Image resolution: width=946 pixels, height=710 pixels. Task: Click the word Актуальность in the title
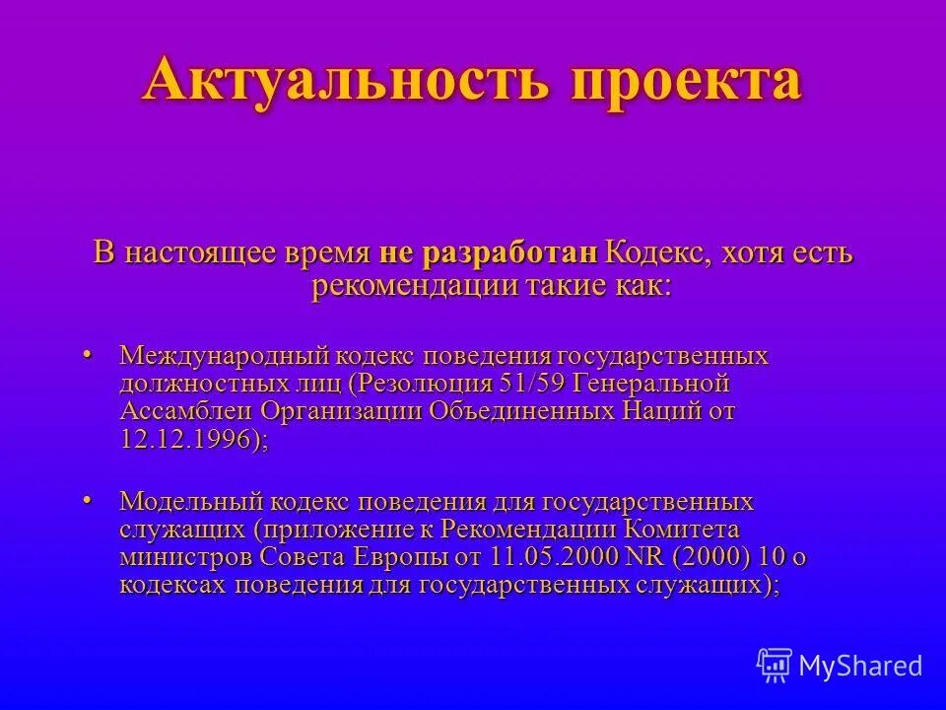click(x=347, y=81)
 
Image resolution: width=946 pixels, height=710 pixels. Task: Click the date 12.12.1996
click(x=190, y=439)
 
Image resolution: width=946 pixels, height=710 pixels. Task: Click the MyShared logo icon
click(x=775, y=665)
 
